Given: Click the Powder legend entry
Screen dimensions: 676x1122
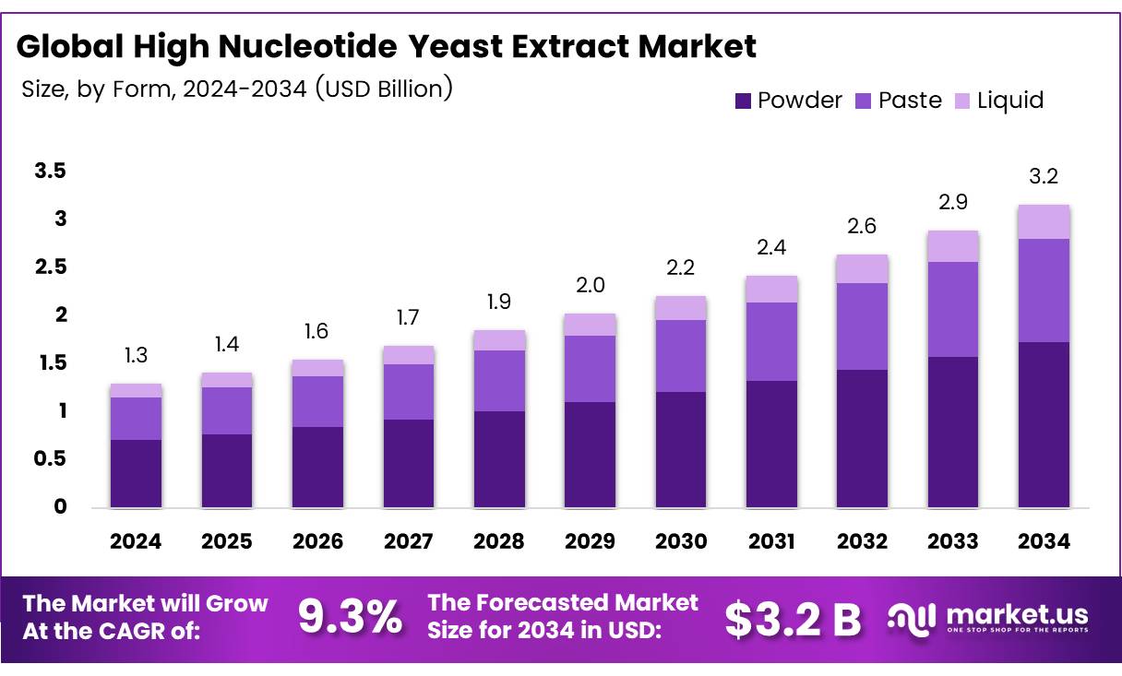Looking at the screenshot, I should click(x=788, y=101).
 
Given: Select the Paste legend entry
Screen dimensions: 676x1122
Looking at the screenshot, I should click(x=899, y=101).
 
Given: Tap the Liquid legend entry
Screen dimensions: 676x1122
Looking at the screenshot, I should click(x=999, y=101).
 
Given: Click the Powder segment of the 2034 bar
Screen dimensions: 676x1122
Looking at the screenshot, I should click(x=1044, y=424).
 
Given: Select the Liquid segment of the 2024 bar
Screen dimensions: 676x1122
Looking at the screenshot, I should click(x=136, y=390).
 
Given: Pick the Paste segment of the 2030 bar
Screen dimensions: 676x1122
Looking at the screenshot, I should click(x=680, y=356).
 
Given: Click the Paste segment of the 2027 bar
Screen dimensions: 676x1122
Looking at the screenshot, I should click(x=408, y=392).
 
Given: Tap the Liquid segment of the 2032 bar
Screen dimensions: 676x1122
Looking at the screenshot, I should click(x=862, y=268).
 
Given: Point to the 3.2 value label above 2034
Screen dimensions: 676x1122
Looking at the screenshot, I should click(x=1044, y=177).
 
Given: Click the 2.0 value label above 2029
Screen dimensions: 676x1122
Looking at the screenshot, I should click(x=590, y=286).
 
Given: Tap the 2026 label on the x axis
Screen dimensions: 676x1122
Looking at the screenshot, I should click(x=317, y=542).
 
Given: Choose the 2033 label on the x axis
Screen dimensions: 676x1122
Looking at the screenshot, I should click(x=953, y=542).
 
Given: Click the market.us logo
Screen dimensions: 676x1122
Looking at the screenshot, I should click(x=987, y=618).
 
